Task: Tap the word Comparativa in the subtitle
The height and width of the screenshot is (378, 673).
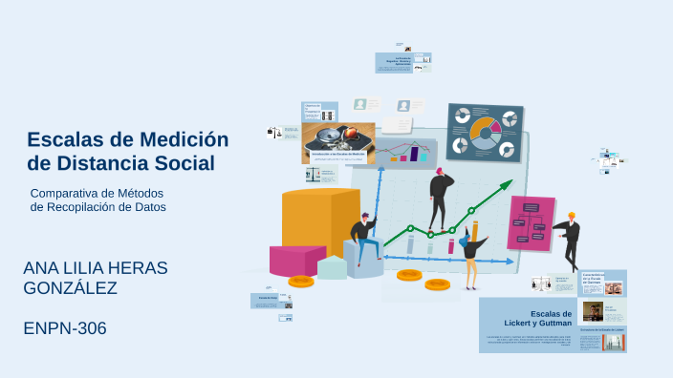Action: pos(69,193)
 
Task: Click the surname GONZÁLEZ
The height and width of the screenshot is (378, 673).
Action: pos(70,287)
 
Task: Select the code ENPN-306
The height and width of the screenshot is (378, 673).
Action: pos(65,328)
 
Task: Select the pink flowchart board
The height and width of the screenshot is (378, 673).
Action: pos(532,221)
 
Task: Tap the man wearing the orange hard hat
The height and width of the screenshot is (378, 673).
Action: pos(570,240)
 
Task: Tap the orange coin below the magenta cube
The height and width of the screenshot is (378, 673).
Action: pos(301,282)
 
